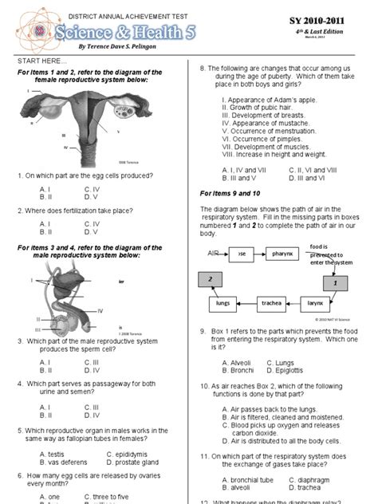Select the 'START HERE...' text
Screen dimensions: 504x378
pyautogui.click(x=37, y=61)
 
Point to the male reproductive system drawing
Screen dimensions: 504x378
pyautogui.click(x=70, y=305)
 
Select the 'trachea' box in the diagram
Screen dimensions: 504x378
pyautogui.click(x=271, y=303)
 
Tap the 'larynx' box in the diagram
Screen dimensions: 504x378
pyautogui.click(x=315, y=303)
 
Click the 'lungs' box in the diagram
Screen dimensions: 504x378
pyautogui.click(x=223, y=303)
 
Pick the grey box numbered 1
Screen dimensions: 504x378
pyautogui.click(x=336, y=282)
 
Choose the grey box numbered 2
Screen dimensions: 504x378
pyautogui.click(x=211, y=278)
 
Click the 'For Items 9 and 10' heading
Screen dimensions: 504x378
pyautogui.click(x=230, y=193)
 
